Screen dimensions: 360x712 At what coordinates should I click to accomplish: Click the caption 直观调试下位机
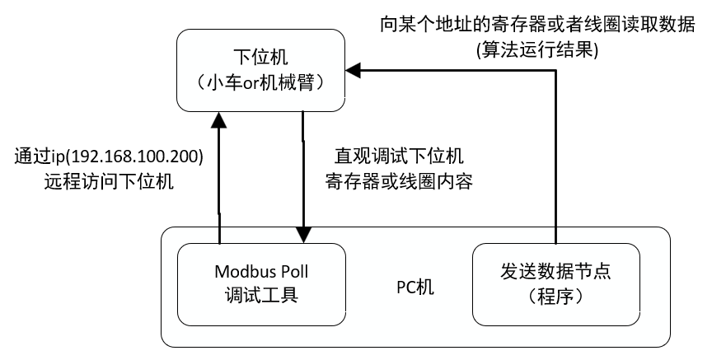click(x=399, y=156)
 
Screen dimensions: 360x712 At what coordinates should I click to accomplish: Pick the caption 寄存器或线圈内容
click(x=399, y=182)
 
